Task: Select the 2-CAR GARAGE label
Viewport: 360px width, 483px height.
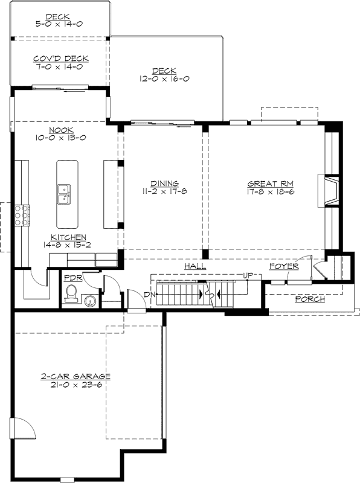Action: (76, 376)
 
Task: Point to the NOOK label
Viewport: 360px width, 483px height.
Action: (60, 129)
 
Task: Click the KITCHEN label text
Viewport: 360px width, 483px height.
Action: (68, 238)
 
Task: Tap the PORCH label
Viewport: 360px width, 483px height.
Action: (309, 299)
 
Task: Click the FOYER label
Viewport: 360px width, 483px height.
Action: (284, 266)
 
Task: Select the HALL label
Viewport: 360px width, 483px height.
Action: (194, 266)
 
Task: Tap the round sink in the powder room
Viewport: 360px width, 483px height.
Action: (90, 300)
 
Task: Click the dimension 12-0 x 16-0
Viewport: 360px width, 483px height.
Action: (163, 79)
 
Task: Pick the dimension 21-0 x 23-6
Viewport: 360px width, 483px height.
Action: (76, 384)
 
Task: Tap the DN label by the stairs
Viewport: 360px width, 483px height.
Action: (150, 295)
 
